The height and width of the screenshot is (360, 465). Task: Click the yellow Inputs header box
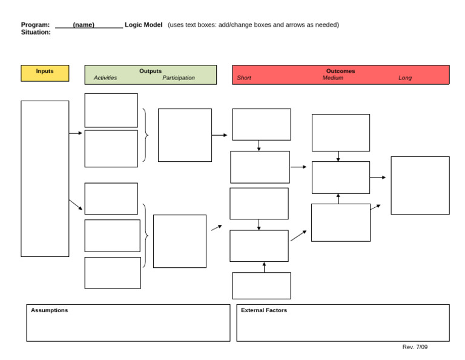coord(45,73)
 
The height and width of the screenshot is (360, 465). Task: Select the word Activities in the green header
coord(105,78)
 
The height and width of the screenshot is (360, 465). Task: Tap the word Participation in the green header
coord(179,78)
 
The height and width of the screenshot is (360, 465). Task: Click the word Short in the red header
coord(244,78)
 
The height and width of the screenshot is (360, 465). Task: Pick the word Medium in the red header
coord(332,78)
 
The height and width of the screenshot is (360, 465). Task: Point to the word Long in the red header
coord(405,78)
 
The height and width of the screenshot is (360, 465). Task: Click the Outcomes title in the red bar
coord(340,71)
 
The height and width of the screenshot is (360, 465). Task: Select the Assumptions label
coord(50,310)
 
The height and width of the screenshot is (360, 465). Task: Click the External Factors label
coord(264,310)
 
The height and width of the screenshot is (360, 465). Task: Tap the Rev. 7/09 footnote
coord(415,347)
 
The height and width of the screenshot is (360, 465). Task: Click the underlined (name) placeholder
coord(84,25)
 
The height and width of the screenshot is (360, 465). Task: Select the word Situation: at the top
coord(36,32)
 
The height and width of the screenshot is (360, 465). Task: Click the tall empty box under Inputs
coord(45,178)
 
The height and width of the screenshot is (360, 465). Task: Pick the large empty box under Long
coord(420,185)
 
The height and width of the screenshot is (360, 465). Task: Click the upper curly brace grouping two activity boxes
coord(145,135)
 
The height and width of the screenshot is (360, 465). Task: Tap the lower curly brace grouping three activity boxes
coord(145,235)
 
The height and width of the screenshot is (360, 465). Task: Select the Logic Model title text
coord(143,25)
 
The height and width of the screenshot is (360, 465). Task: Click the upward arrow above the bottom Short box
coord(264,267)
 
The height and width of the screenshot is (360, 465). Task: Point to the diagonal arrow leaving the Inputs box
coord(76,205)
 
